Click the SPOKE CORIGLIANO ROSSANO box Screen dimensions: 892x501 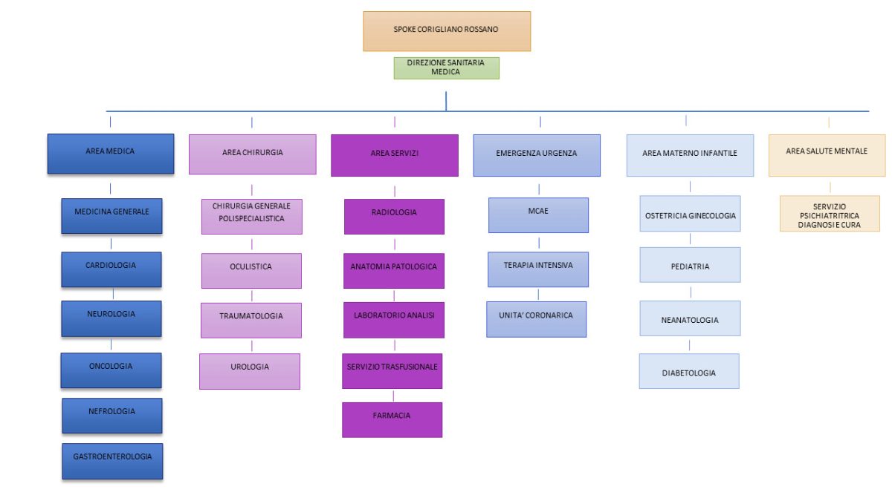click(x=447, y=31)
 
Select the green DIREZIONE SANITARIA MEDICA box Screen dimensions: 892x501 click(x=447, y=68)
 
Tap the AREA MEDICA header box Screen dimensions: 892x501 click(x=111, y=154)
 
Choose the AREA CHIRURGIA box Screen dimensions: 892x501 click(x=253, y=154)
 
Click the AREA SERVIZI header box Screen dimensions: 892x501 click(x=395, y=155)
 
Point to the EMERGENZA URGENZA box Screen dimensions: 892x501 click(x=537, y=155)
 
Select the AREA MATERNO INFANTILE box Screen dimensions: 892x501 click(x=690, y=155)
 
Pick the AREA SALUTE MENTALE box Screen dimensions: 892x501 click(x=827, y=155)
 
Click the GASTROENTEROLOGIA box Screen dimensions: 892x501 click(x=112, y=461)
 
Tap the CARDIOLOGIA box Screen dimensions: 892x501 click(x=111, y=269)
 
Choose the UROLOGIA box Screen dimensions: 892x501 click(x=250, y=371)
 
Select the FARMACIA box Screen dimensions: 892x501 click(x=392, y=420)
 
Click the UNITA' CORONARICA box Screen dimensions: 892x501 click(x=537, y=319)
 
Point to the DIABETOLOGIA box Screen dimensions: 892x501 click(x=689, y=371)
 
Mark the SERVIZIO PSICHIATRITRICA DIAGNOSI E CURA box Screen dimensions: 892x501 click(x=830, y=214)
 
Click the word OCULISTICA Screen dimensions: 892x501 click(x=251, y=266)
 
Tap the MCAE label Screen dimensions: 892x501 click(x=538, y=211)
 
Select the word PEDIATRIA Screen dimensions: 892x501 click(x=690, y=266)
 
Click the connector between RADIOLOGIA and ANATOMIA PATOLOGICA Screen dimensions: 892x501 click(x=395, y=244)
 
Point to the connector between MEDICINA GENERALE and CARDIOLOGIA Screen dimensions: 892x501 click(x=111, y=243)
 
